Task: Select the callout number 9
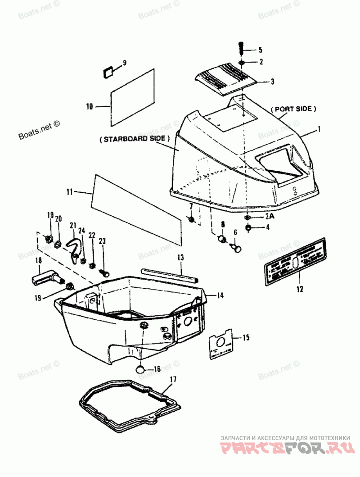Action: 125,63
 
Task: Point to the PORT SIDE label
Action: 293,109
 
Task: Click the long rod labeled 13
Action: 170,275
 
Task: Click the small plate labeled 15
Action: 221,345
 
